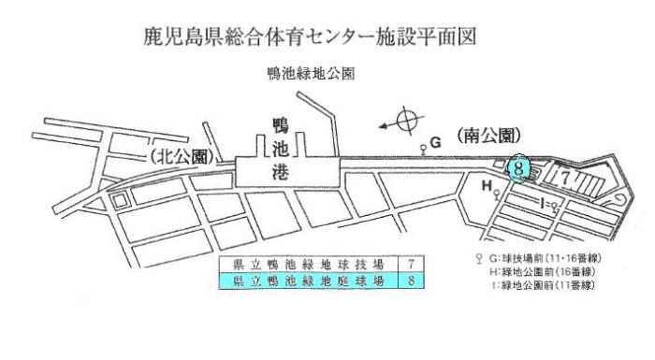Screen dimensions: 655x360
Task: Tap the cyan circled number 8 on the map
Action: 521,168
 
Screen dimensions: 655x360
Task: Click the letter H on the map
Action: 487,187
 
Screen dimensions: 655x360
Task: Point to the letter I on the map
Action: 544,201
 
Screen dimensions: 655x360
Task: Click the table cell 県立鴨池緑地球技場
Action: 299,262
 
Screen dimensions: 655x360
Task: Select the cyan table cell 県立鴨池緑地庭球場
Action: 299,279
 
